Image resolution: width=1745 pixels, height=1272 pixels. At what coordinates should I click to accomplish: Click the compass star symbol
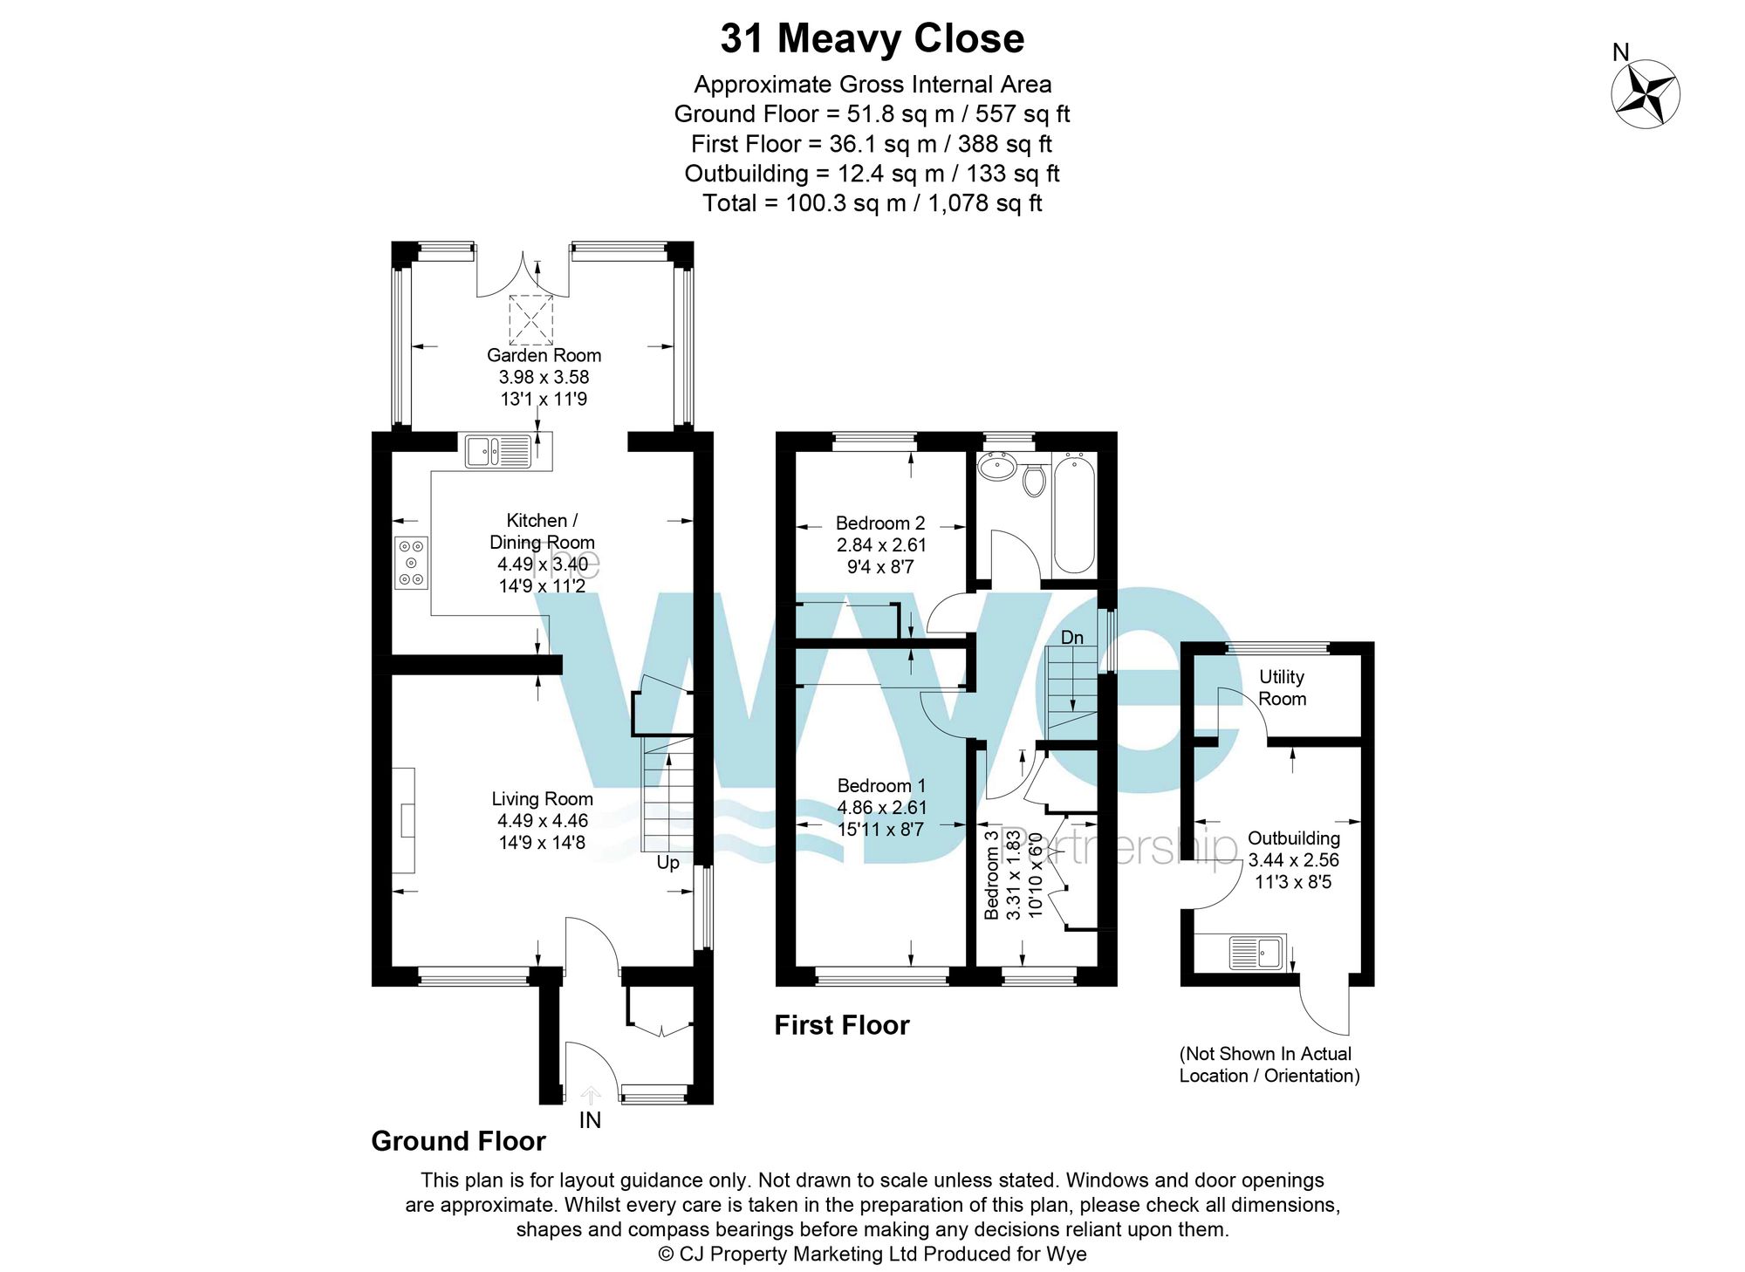coord(1645,94)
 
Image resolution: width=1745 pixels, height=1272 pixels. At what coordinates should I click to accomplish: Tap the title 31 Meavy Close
coord(872,38)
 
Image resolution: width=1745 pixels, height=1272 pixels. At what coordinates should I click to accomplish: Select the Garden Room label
coord(544,355)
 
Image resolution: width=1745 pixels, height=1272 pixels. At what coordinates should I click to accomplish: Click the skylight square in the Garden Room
coord(530,319)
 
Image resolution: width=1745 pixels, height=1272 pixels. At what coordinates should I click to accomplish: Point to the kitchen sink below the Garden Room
coord(498,452)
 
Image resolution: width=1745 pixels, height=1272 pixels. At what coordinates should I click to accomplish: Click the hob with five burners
coord(411,563)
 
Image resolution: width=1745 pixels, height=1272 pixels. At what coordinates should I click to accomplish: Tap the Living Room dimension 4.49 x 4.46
coord(542,821)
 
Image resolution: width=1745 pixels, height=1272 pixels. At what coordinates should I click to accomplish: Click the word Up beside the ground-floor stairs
coord(667,863)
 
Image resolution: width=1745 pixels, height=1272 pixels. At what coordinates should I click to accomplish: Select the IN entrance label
coord(590,1120)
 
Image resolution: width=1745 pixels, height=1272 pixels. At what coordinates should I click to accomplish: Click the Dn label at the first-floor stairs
coord(1071,638)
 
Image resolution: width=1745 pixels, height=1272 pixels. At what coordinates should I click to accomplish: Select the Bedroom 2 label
coord(879,523)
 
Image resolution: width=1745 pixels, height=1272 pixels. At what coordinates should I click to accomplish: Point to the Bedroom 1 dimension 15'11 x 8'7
coord(880,830)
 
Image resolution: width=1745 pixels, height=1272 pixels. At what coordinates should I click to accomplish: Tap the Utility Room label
coord(1282,687)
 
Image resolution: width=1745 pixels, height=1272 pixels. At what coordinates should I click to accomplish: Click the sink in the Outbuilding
coord(1256,953)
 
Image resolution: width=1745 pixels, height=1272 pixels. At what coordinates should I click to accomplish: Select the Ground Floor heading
coord(458,1141)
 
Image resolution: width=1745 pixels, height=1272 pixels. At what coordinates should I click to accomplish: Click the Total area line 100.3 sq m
coord(872,203)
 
